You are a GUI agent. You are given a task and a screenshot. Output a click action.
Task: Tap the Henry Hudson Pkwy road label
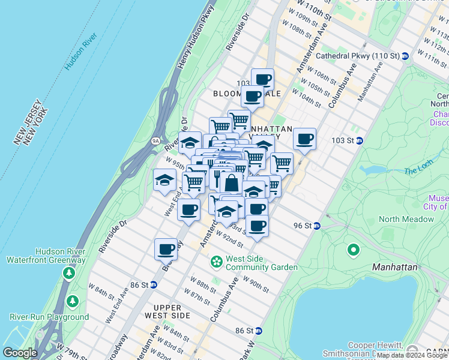196,37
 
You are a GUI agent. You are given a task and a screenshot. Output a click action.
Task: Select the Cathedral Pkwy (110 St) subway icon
405,56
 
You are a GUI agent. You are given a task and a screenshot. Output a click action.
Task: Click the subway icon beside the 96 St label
317,226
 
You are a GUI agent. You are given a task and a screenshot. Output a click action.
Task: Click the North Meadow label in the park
406,219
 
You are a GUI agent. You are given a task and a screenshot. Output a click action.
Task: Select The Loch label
418,171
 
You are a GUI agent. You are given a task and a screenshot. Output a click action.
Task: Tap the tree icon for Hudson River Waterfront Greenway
68,274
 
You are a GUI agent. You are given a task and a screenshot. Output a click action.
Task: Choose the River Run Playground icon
73,300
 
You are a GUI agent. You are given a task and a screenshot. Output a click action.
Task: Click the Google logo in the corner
20,353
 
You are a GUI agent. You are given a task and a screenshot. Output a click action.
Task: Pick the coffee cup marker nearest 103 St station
305,139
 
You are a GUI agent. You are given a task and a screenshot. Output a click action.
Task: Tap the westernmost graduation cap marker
164,179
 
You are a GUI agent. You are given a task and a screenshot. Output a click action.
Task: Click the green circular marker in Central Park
354,249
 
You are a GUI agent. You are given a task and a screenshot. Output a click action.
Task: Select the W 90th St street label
256,285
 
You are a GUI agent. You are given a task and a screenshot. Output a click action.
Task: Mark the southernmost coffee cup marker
166,249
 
